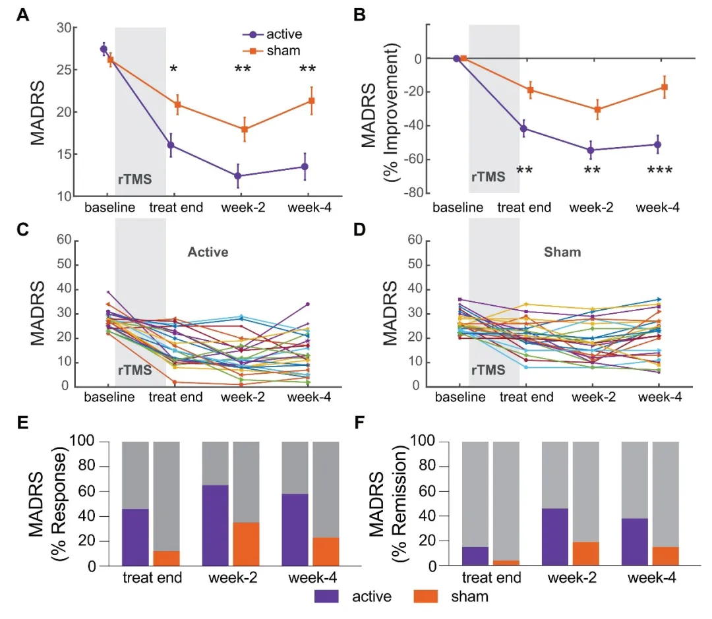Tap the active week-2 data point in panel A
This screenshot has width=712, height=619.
237,176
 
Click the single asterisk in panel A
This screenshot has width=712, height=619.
173,69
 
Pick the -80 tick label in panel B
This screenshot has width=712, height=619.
415,193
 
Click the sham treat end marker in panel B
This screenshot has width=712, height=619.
529,89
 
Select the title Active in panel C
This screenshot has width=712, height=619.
208,251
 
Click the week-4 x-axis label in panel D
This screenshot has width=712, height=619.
658,398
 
